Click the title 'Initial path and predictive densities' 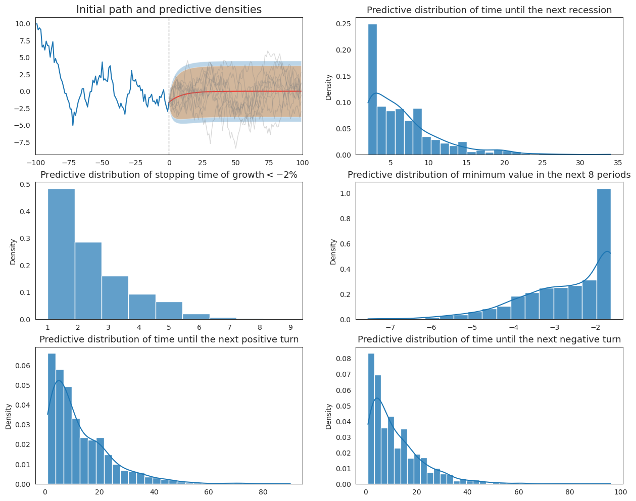(169, 10)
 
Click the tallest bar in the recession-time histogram (372, 91)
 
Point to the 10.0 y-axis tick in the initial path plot (23, 24)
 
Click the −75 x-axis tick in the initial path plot (69, 163)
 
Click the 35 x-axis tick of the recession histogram (618, 163)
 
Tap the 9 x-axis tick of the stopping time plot (289, 328)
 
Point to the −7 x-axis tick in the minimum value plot (390, 328)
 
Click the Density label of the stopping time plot (13, 252)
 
